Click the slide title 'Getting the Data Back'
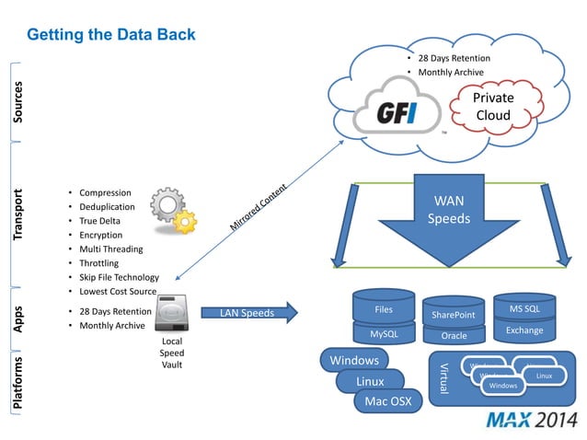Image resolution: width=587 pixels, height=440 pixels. click(111, 35)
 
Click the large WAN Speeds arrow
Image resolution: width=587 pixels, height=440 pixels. click(448, 221)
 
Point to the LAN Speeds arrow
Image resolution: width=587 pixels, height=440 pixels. click(247, 313)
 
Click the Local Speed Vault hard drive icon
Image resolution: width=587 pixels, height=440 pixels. click(173, 316)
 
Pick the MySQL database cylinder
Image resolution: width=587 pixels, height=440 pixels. click(383, 332)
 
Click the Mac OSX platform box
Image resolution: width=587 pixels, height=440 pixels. click(387, 401)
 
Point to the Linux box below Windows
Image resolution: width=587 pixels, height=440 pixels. click(371, 381)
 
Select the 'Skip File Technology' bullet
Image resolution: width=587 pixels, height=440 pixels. click(119, 277)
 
